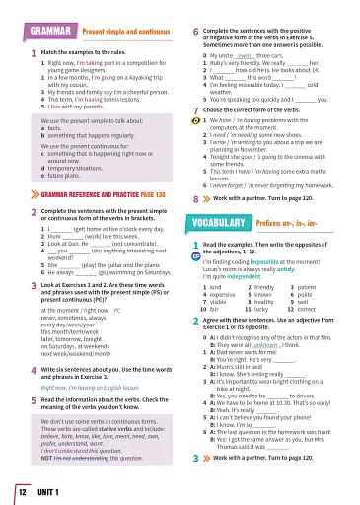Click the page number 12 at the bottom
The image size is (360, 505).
[20, 490]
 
